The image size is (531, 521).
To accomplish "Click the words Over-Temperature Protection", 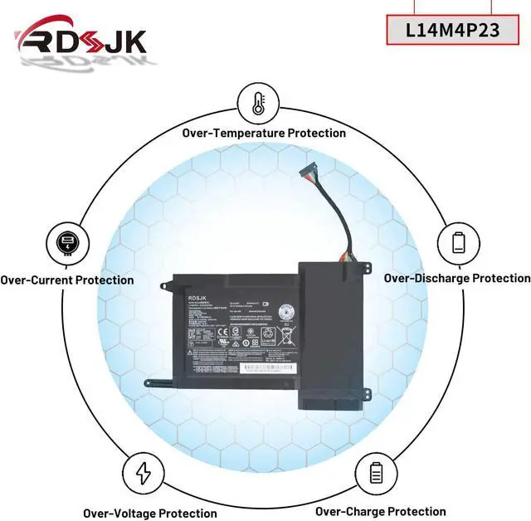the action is [264, 133].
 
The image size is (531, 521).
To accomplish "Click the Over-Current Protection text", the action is [67, 280].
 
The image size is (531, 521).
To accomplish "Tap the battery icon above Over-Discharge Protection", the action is [459, 242].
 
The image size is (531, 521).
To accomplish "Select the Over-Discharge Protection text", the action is [456, 278].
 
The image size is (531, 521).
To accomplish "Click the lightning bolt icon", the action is [143, 474].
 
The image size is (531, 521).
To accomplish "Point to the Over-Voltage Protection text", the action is [150, 514].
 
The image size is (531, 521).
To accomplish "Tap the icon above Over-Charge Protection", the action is [374, 474].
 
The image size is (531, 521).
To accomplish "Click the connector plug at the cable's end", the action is [309, 173].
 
